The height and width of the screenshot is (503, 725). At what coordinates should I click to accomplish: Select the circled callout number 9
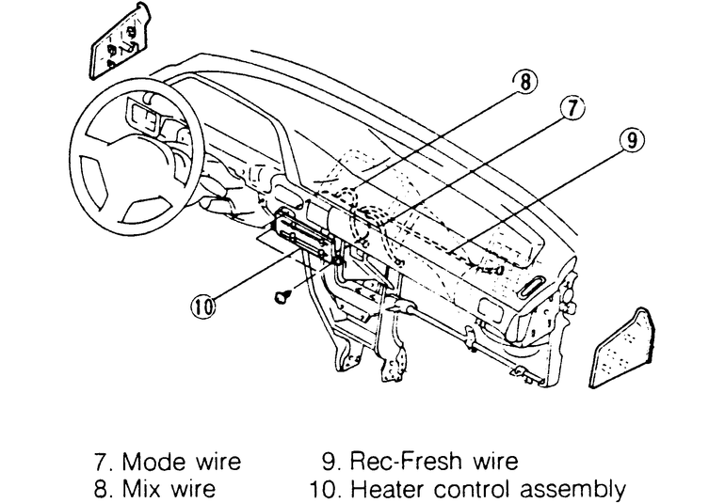pos(632,141)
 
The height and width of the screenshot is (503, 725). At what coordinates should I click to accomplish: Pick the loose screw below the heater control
pos(281,296)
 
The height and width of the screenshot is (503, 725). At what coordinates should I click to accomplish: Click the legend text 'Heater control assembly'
pos(480,489)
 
